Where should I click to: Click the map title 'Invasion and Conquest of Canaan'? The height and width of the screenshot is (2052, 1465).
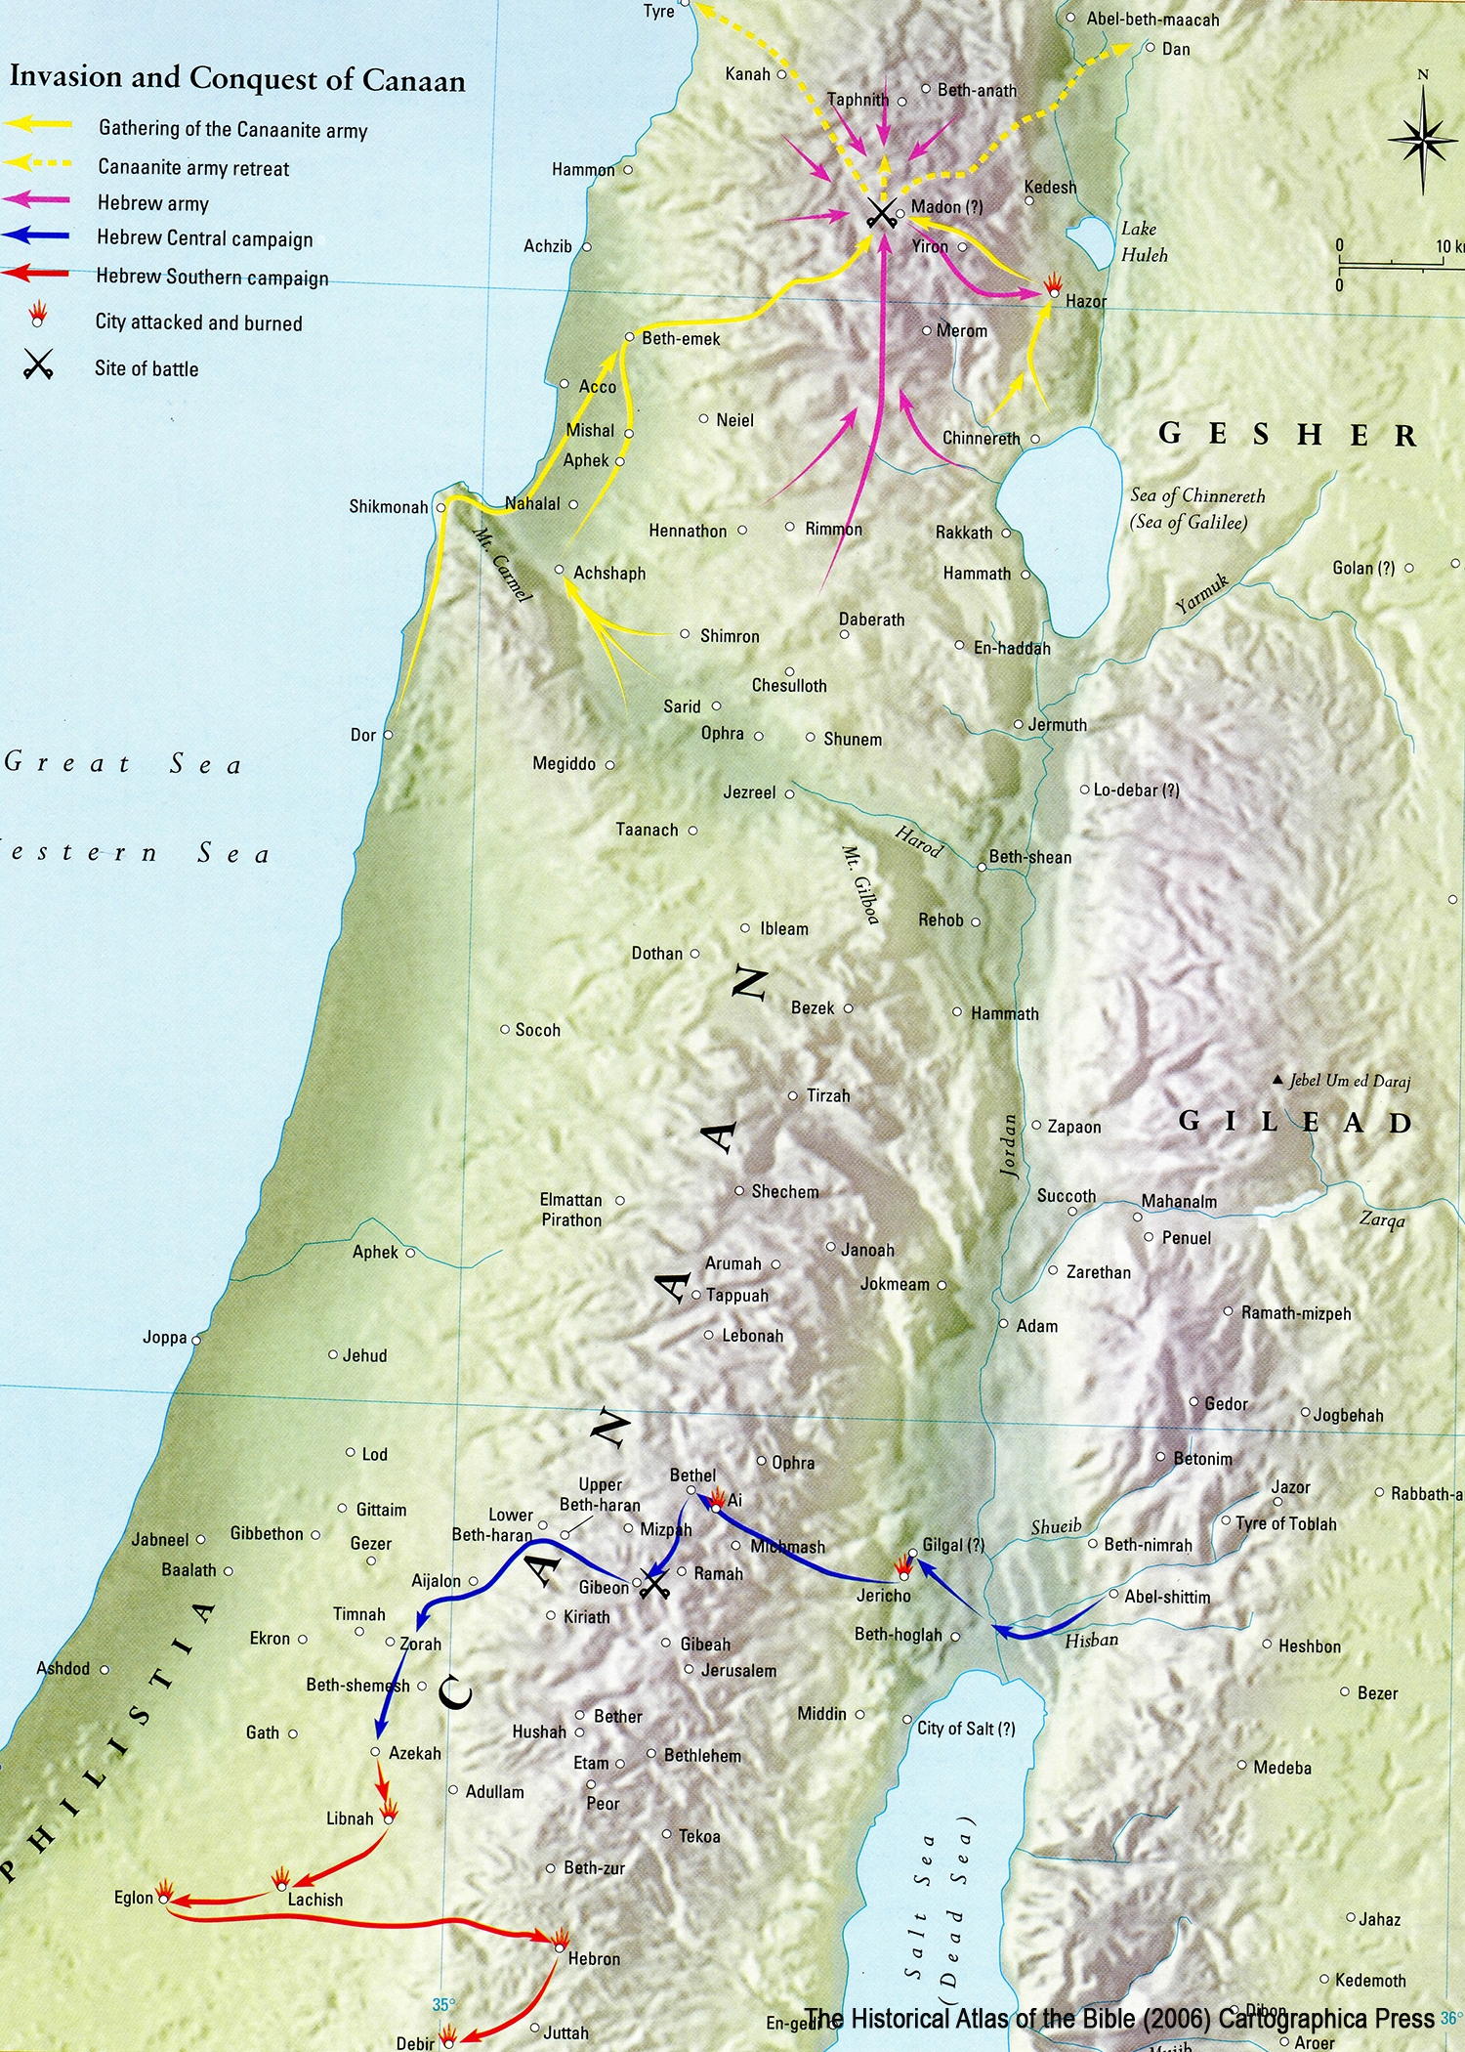(x=237, y=78)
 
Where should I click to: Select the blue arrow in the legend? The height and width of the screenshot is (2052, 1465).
(x=37, y=235)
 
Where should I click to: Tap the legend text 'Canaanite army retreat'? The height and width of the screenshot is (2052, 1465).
(x=193, y=168)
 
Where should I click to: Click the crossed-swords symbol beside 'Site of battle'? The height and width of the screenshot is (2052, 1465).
(x=38, y=366)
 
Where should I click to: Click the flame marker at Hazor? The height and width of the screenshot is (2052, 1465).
(x=1053, y=285)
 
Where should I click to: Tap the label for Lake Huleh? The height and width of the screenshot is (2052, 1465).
(x=1143, y=241)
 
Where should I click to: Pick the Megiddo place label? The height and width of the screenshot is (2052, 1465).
(x=564, y=764)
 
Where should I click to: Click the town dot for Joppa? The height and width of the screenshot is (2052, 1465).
(x=196, y=1340)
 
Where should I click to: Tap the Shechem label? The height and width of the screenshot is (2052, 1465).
(x=784, y=1192)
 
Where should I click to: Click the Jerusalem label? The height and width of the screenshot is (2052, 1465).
(x=738, y=1671)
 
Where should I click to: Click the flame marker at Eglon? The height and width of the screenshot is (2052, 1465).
(x=165, y=1891)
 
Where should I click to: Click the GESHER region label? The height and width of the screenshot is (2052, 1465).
(x=1286, y=434)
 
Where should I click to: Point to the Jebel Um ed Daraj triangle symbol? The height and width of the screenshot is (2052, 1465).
(x=1277, y=1080)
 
